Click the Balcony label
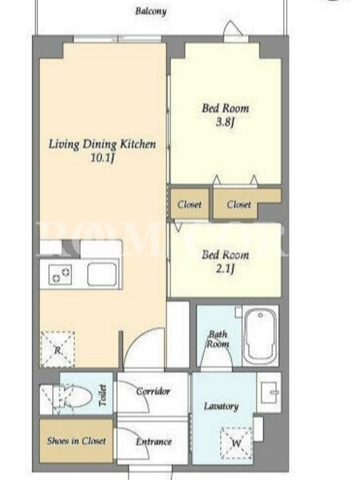tap(151, 11)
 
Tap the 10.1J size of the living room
tap(102, 158)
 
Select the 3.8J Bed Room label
tap(226, 115)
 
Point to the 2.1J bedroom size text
tap(226, 269)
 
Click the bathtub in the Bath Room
tap(260, 336)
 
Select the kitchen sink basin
tap(102, 274)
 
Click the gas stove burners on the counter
tap(61, 274)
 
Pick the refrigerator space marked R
tap(58, 349)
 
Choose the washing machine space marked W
tap(236, 443)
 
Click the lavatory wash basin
tap(269, 392)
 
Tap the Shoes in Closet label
tap(76, 441)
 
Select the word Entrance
tap(154, 442)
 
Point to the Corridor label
tap(153, 391)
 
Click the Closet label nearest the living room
tap(190, 204)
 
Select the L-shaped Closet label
tap(239, 204)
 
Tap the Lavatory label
tap(221, 406)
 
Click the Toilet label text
tap(103, 395)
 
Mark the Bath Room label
tap(218, 339)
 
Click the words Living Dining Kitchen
tap(102, 144)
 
